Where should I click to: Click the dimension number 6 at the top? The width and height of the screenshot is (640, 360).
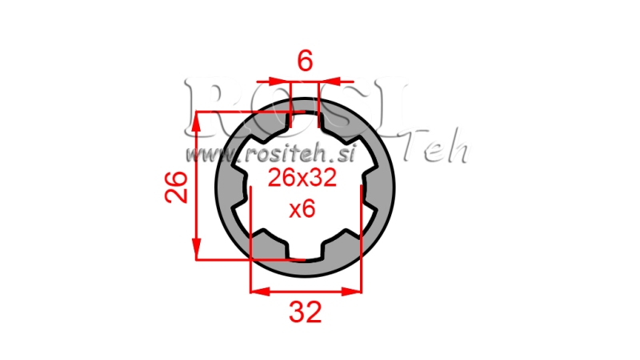[305, 61]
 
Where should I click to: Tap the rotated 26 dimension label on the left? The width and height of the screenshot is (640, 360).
[177, 186]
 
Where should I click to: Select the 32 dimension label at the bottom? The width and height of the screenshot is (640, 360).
[306, 312]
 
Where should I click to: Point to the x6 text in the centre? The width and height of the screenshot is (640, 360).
[302, 209]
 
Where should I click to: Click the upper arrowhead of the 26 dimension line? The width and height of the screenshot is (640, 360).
[197, 119]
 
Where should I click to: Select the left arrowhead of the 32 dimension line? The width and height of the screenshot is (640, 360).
[258, 291]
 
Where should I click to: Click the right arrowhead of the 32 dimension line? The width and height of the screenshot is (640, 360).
[355, 291]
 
